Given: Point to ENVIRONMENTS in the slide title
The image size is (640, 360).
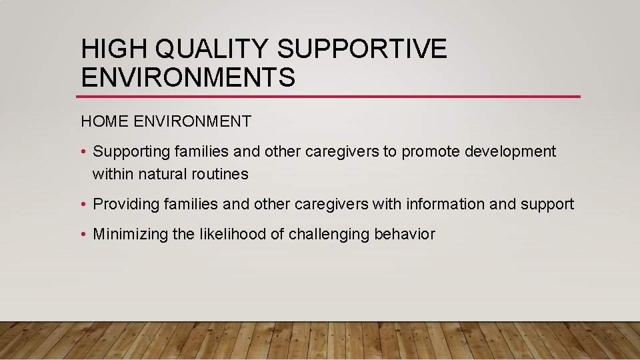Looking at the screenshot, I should click(x=187, y=77).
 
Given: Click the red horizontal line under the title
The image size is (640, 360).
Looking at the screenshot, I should click(x=330, y=97).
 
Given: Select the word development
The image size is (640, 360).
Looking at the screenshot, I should click(x=510, y=152).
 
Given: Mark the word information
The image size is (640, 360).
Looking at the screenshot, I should click(x=445, y=204).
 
